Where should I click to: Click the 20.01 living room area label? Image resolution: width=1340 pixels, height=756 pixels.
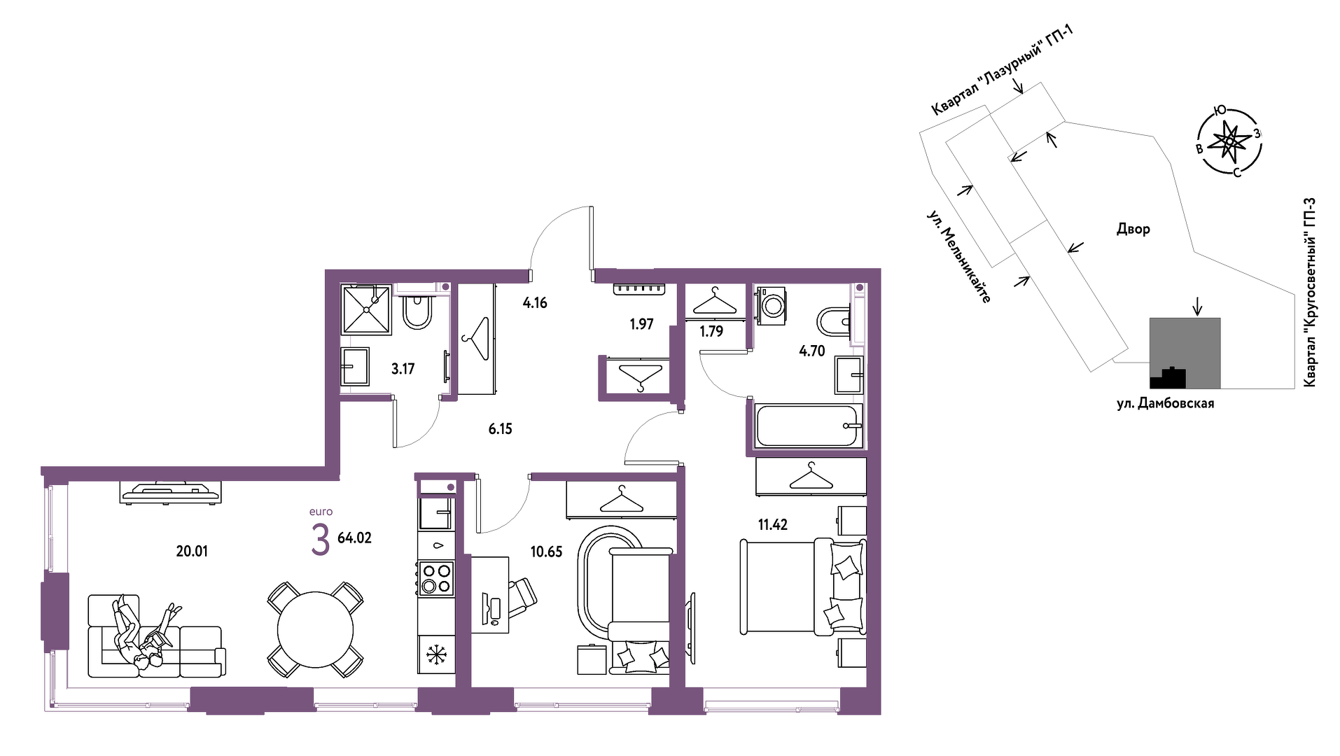pyautogui.click(x=192, y=552)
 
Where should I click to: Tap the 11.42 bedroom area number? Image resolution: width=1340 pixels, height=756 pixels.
pyautogui.click(x=773, y=525)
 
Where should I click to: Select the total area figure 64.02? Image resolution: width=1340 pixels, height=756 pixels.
pyautogui.click(x=354, y=538)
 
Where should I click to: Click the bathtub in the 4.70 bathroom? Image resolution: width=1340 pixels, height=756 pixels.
pyautogui.click(x=807, y=426)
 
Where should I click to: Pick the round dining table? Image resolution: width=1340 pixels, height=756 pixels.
pyautogui.click(x=315, y=630)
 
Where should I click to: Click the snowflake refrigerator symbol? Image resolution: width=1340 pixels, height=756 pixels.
pyautogui.click(x=436, y=655)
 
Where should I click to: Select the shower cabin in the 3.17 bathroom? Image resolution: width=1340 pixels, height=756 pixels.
pyautogui.click(x=365, y=309)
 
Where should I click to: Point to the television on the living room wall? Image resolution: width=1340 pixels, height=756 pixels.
pyautogui.click(x=171, y=491)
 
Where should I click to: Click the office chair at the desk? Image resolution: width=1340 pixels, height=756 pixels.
pyautogui.click(x=521, y=598)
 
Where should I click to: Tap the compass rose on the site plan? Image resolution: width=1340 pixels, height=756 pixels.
pyautogui.click(x=1229, y=142)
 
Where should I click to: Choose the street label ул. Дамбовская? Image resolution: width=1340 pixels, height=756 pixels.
pyautogui.click(x=1165, y=403)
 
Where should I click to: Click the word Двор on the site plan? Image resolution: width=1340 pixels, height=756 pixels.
pyautogui.click(x=1133, y=229)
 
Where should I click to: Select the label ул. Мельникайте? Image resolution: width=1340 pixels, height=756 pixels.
pyautogui.click(x=958, y=256)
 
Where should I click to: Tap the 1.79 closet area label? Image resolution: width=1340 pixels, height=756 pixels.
pyautogui.click(x=711, y=331)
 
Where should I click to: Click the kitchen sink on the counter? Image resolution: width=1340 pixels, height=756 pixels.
pyautogui.click(x=435, y=513)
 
